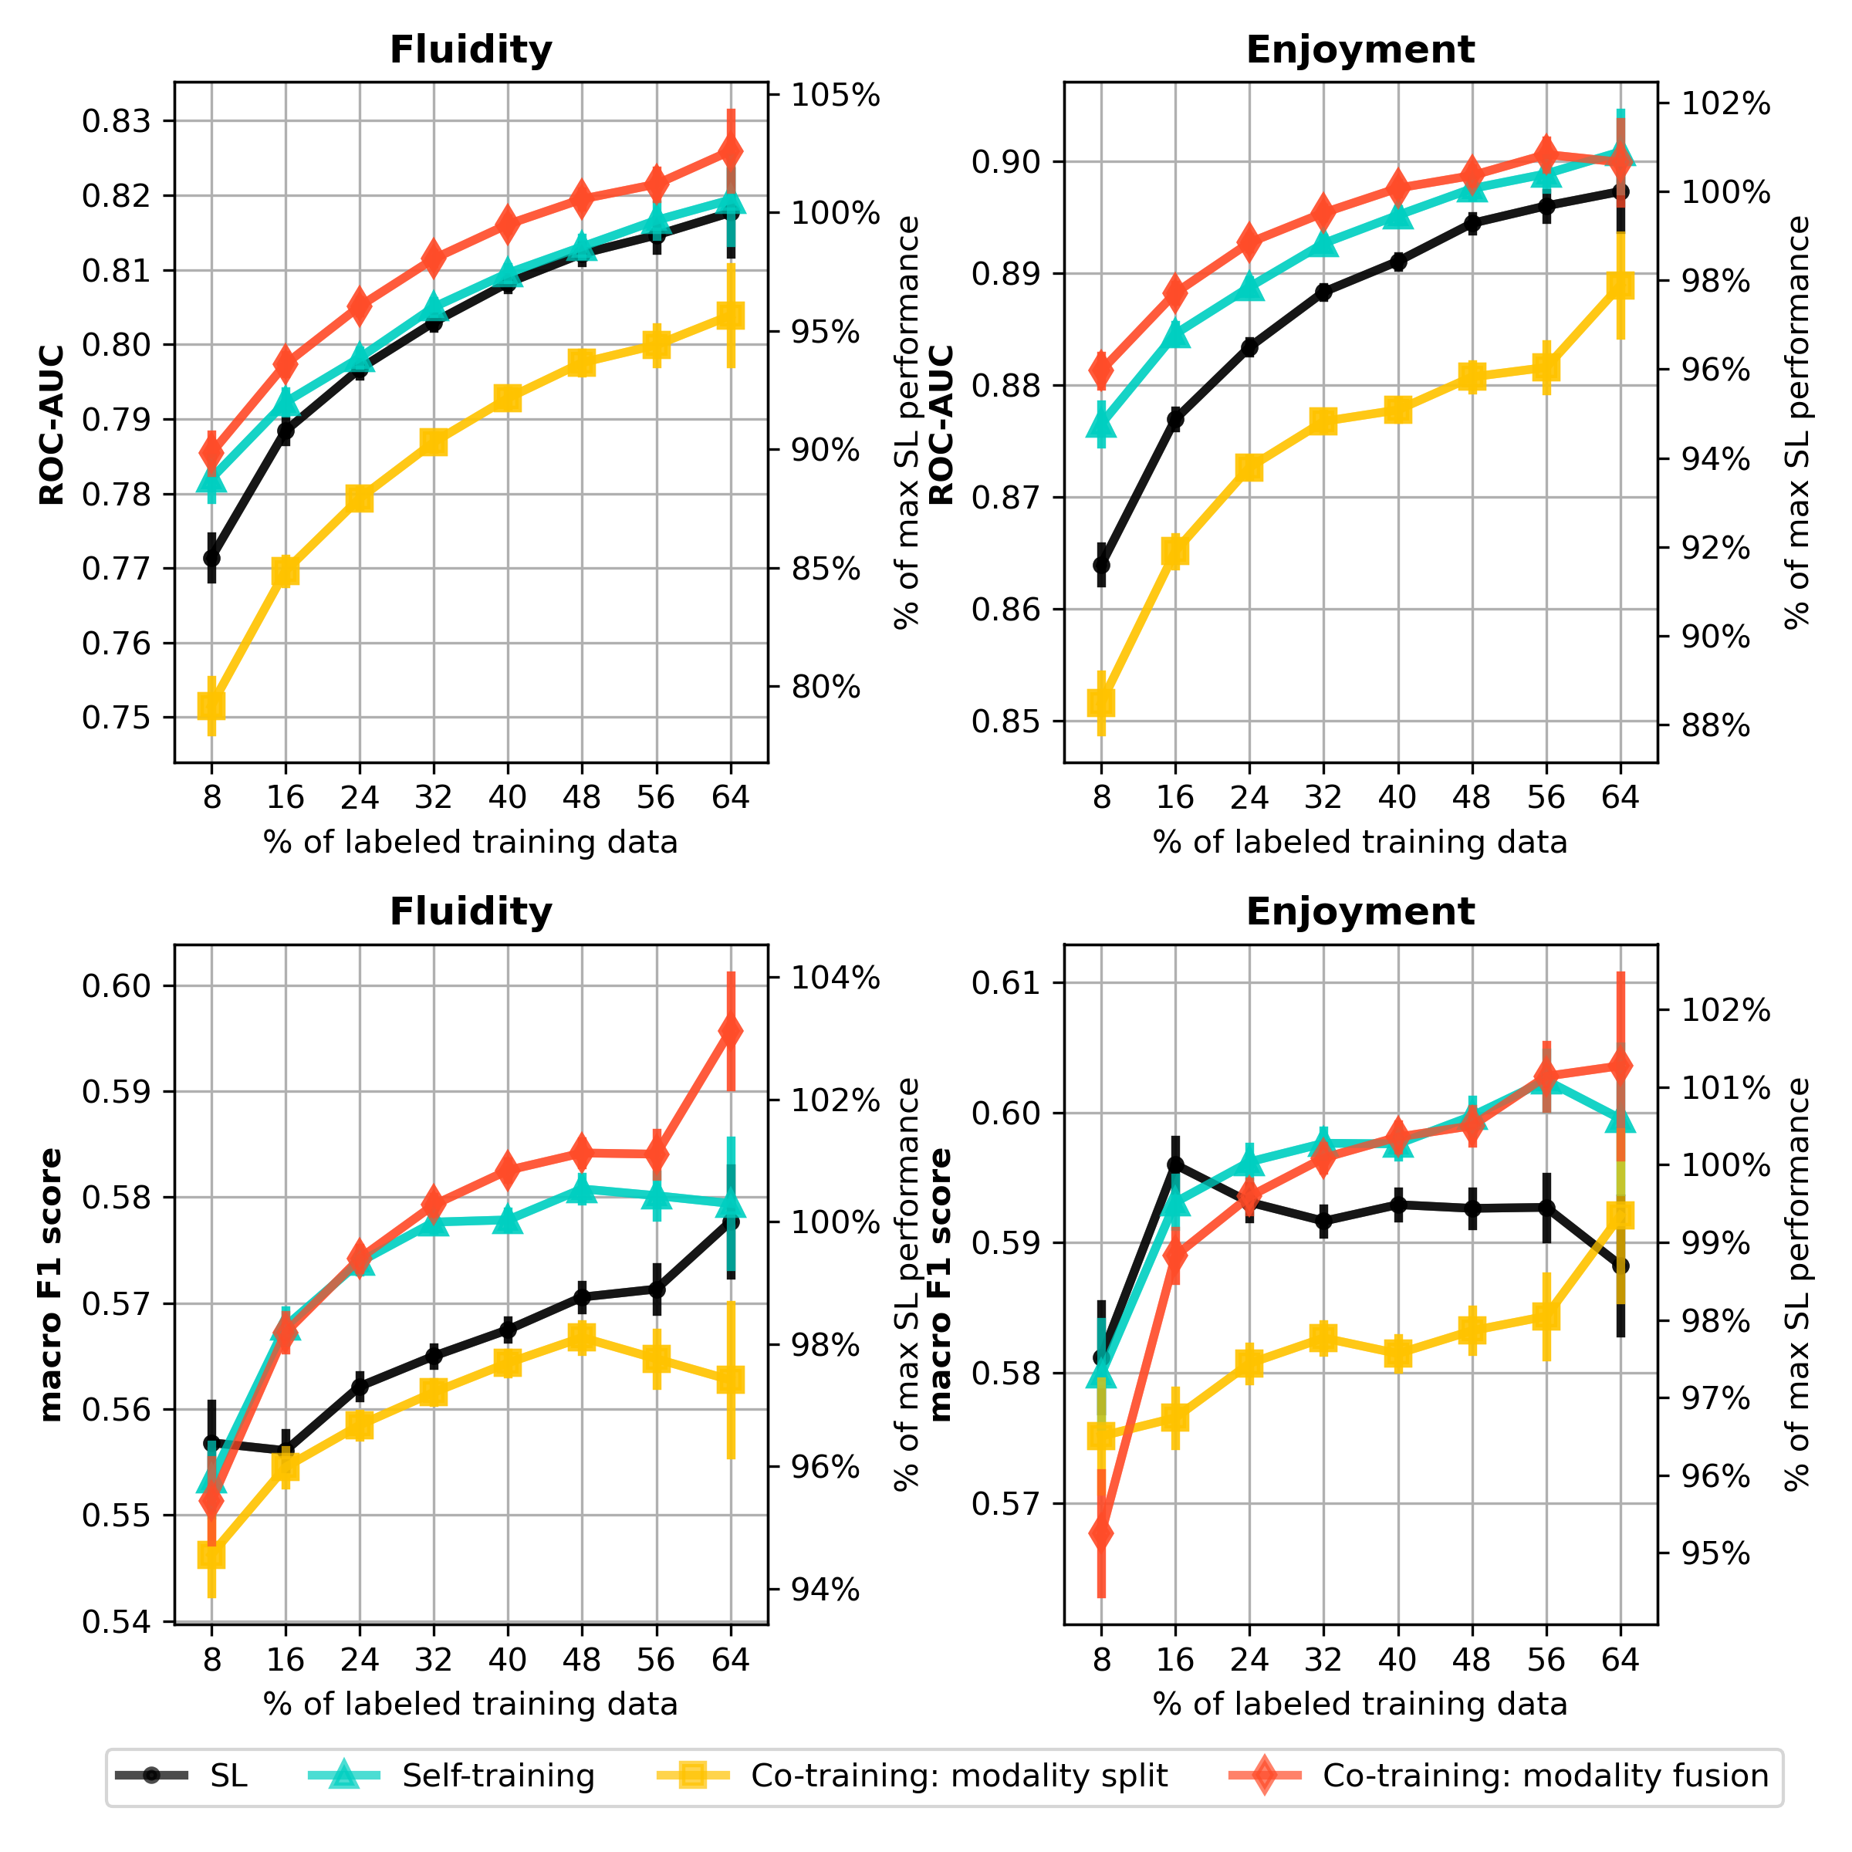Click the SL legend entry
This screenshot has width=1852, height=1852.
181,1776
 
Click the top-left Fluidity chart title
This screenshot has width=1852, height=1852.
471,50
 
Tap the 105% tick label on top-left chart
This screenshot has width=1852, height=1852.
835,95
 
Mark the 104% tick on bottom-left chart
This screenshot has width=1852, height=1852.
835,978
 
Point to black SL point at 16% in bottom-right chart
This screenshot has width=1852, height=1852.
1175,1164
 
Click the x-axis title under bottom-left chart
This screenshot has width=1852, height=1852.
471,1703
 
